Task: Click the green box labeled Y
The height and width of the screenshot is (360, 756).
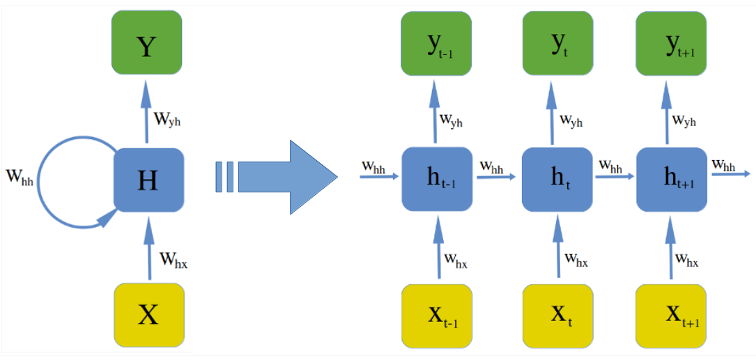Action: coord(146,42)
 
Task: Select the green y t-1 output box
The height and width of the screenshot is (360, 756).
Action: coord(437,42)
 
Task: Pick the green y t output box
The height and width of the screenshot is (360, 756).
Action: coord(557,42)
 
